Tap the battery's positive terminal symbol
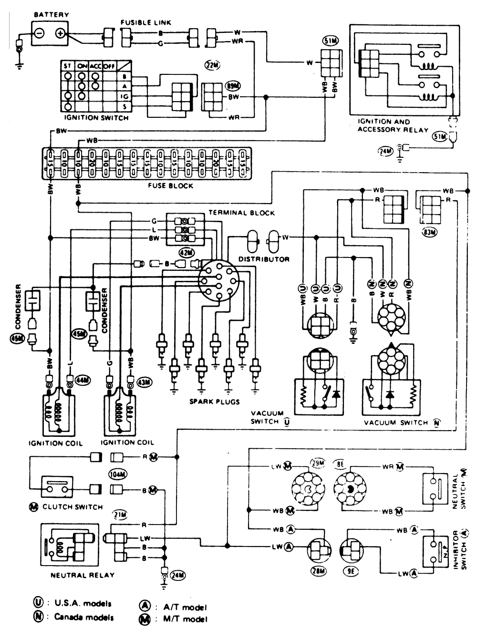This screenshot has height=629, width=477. (60, 33)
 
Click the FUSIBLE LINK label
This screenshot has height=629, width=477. (145, 22)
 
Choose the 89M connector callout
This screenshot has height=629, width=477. (233, 86)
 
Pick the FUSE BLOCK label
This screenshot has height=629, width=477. (170, 186)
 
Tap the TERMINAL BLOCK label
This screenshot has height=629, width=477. (241, 213)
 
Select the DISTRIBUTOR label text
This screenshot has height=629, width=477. (264, 259)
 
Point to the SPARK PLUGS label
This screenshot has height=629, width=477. (214, 402)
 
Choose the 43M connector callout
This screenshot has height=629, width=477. (144, 382)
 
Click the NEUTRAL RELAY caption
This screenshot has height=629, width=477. (82, 575)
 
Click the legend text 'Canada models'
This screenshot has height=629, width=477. (83, 617)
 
